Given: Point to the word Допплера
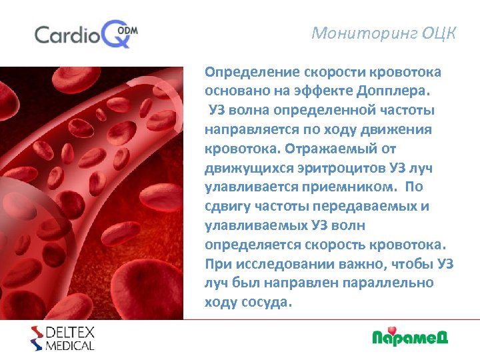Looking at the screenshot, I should (400, 91).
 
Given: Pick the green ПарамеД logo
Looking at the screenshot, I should (409, 337).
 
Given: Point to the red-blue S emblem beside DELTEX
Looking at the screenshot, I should (37, 338).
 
